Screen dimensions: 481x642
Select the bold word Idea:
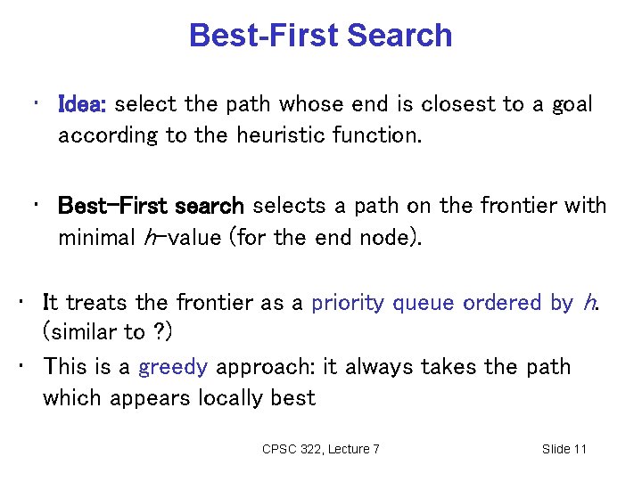click(x=82, y=105)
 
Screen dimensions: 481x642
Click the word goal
click(x=572, y=105)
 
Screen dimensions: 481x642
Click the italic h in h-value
click(x=149, y=238)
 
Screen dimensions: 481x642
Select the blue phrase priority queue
click(x=383, y=303)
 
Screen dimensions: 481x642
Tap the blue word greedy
click(x=172, y=367)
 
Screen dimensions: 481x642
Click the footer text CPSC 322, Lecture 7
click(x=321, y=449)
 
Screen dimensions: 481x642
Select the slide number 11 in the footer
click(x=579, y=449)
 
